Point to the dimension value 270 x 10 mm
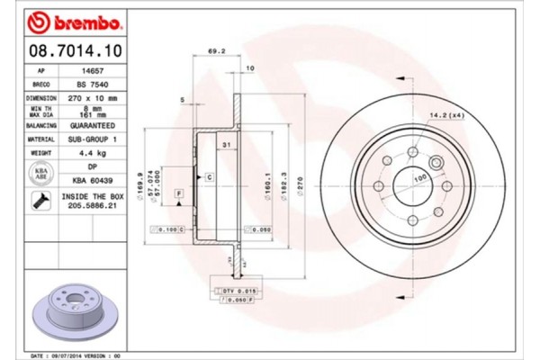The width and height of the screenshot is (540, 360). pyautogui.click(x=92, y=96)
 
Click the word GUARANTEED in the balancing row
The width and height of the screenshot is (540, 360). pyautogui.click(x=92, y=126)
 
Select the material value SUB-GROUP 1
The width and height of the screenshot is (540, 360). pyautogui.click(x=92, y=139)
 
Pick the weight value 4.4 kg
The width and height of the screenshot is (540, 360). pyautogui.click(x=92, y=154)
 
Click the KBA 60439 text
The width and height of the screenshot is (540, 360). pyautogui.click(x=92, y=180)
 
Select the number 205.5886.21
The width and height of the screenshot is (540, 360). pyautogui.click(x=91, y=206)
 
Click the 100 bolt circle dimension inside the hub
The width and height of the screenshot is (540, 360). pyautogui.click(x=418, y=178)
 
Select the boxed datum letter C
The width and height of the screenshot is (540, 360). pyautogui.click(x=209, y=177)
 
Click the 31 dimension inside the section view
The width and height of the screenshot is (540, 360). pyautogui.click(x=227, y=146)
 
